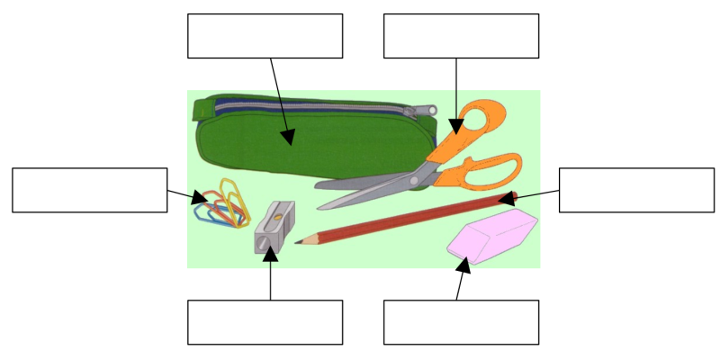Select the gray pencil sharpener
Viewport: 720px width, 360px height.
[274, 229]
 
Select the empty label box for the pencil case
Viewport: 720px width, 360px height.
[265, 36]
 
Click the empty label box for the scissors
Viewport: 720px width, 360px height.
[461, 36]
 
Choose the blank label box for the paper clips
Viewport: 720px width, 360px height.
[90, 190]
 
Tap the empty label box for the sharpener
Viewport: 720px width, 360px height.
[265, 322]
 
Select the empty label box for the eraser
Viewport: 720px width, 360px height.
[461, 322]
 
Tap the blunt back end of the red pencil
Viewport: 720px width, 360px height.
[514, 194]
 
